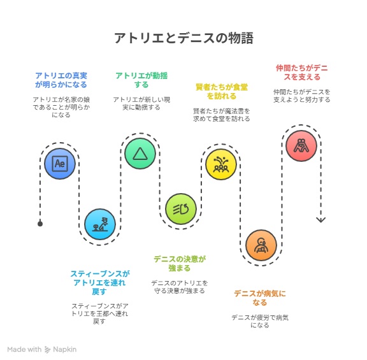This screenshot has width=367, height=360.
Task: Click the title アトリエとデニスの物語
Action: [183, 38]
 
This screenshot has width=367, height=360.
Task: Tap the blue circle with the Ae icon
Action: [60, 164]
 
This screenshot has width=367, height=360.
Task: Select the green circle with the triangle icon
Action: [140, 154]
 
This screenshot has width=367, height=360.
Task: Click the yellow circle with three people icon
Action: [221, 164]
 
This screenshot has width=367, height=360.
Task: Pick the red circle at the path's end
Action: [301, 145]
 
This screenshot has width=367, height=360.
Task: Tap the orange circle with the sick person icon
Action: [261, 245]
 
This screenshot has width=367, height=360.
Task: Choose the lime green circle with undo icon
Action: [181, 209]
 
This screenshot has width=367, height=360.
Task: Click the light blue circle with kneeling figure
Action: [100, 224]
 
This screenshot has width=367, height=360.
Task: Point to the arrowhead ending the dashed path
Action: [321, 220]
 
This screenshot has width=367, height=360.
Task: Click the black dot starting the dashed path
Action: [40, 224]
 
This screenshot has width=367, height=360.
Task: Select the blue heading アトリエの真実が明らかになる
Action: [61, 80]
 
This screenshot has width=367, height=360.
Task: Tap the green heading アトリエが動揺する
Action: [141, 80]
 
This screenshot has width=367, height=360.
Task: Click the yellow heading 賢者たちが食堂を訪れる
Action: [222, 92]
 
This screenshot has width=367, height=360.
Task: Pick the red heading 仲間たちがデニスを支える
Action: [302, 73]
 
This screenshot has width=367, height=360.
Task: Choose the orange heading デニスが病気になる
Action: [260, 298]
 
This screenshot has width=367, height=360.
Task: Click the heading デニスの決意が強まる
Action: [180, 263]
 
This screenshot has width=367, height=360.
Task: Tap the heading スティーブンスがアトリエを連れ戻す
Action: [99, 282]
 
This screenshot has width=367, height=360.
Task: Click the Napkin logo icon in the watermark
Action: [48, 349]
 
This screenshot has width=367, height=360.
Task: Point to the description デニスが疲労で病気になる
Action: [260, 321]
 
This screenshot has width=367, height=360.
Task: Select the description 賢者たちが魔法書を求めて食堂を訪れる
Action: [222, 115]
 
